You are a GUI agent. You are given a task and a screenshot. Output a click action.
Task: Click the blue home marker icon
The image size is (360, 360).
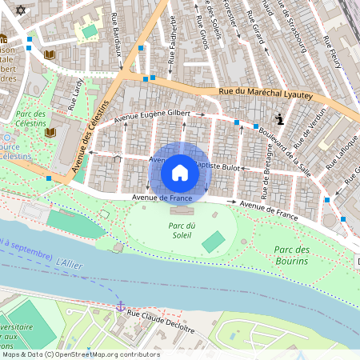[x=180, y=172]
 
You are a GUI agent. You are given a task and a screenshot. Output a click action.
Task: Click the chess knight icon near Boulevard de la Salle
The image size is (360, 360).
[x=279, y=119]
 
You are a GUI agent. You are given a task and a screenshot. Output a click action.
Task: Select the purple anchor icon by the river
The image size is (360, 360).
[x=121, y=306]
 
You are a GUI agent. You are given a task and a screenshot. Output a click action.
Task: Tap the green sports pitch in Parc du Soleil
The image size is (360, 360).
[x=213, y=241]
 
